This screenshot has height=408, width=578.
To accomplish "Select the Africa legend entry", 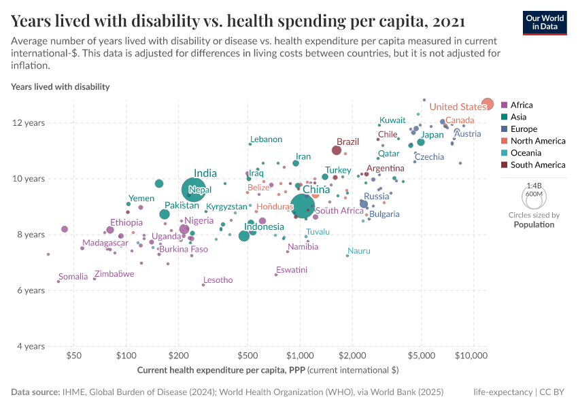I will (522, 105).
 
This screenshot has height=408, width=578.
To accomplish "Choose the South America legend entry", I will (537, 165).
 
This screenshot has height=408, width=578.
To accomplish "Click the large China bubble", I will (303, 205).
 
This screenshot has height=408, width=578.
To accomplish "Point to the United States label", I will (458, 107).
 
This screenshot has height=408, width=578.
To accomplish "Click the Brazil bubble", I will (336, 150).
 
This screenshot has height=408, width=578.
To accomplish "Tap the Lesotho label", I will (218, 280).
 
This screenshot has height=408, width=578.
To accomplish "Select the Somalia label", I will (73, 277).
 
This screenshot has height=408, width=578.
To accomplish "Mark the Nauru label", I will (359, 251).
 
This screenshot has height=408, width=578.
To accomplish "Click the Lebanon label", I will (266, 139).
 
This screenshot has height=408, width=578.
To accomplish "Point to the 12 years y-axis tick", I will (31, 123).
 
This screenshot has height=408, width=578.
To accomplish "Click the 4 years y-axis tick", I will (31, 346).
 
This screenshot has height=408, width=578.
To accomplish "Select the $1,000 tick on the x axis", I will (300, 356).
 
